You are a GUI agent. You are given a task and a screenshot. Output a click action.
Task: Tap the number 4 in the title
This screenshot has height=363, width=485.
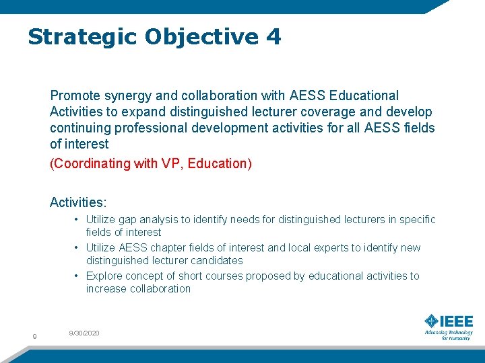tap(273, 37)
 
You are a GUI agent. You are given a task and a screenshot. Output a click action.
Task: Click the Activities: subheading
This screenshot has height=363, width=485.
tap(78, 202)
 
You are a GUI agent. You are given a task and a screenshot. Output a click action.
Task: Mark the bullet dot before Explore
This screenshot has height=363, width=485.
tap(78, 276)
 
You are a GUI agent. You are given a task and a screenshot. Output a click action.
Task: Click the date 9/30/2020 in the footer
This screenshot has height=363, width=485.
tap(84, 333)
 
